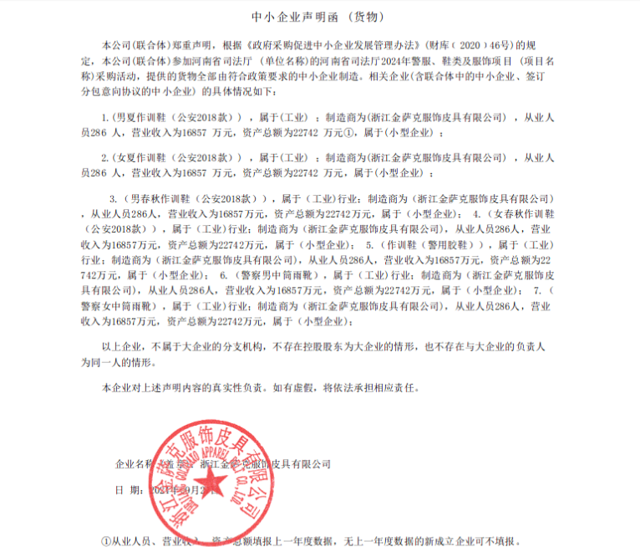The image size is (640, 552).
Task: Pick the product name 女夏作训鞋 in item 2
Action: (x=140, y=157)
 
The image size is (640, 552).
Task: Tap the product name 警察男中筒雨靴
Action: (x=276, y=273)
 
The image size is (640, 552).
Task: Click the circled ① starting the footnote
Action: (x=106, y=541)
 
